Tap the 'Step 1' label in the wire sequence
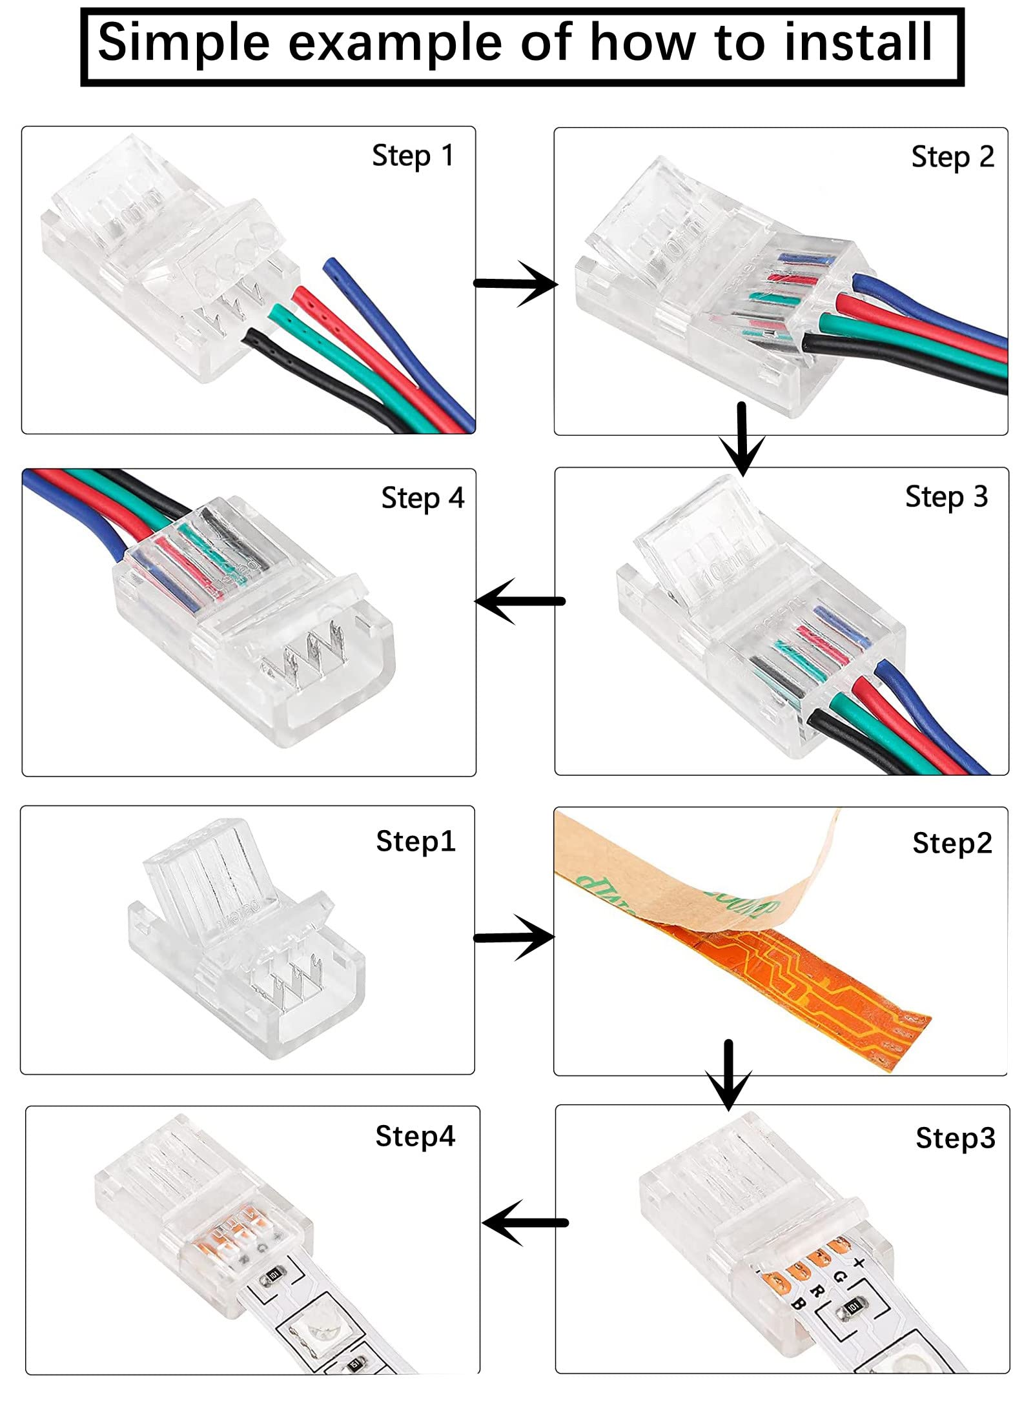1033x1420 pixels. pos(413,157)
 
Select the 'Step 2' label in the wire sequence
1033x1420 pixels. pos(952,158)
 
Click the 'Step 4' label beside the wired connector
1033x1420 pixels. pos(422,499)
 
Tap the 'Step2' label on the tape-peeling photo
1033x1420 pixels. pos(952,843)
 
